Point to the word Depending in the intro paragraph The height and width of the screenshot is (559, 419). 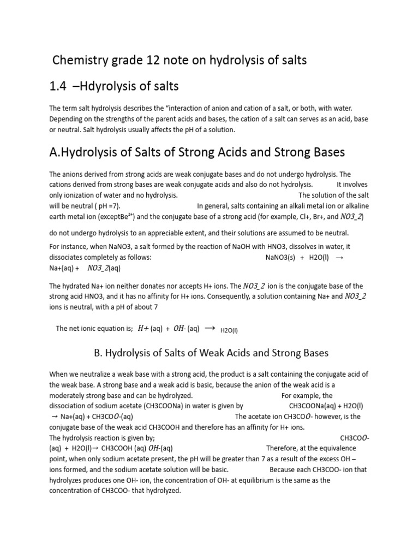coord(67,120)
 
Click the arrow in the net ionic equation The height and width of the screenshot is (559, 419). coord(209,329)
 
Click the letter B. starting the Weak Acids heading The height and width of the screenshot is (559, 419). coord(98,353)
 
